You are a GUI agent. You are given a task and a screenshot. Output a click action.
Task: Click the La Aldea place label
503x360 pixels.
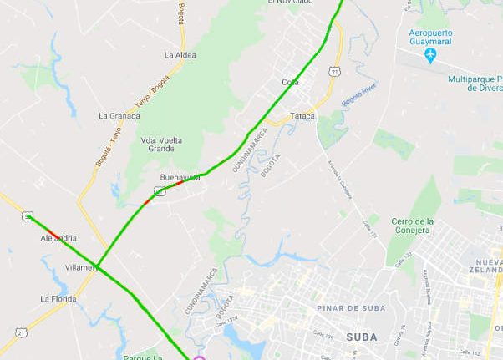click(x=180, y=55)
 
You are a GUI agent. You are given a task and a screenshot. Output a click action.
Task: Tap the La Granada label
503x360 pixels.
click(x=119, y=116)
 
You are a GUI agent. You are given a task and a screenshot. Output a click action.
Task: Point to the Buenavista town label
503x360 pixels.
click(x=180, y=178)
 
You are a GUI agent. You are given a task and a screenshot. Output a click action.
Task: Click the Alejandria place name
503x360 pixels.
click(x=58, y=238)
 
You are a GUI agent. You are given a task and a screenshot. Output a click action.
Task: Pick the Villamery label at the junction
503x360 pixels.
click(x=82, y=268)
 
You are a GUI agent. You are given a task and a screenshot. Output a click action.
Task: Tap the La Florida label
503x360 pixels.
click(x=58, y=298)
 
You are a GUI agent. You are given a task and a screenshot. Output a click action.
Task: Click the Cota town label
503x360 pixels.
click(x=290, y=82)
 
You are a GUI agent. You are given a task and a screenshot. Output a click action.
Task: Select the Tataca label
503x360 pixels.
click(x=302, y=115)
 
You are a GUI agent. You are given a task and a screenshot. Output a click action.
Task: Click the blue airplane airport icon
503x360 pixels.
click(x=430, y=55)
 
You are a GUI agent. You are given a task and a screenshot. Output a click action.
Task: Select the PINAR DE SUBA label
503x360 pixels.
click(x=351, y=308)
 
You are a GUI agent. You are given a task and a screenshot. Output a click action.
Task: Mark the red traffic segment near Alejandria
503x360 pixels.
click(x=53, y=233)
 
